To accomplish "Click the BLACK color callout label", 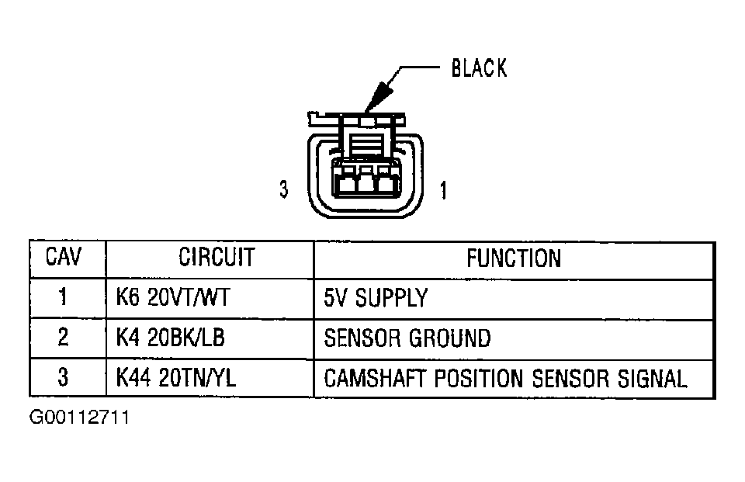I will coord(479,68).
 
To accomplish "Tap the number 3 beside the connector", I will coord(284,189).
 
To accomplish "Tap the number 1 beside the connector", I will coord(443,189).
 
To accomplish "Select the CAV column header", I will coord(64,258).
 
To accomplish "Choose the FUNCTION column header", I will coord(514,258).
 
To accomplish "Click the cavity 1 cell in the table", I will coord(64,298).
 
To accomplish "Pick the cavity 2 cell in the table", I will coord(64,338).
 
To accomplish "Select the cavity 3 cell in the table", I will coord(64,378).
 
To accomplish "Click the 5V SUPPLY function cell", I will coord(376,298).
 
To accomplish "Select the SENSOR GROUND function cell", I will coord(407,338).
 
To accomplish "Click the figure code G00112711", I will coord(79,418).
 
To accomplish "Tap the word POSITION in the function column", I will coord(476,379).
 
